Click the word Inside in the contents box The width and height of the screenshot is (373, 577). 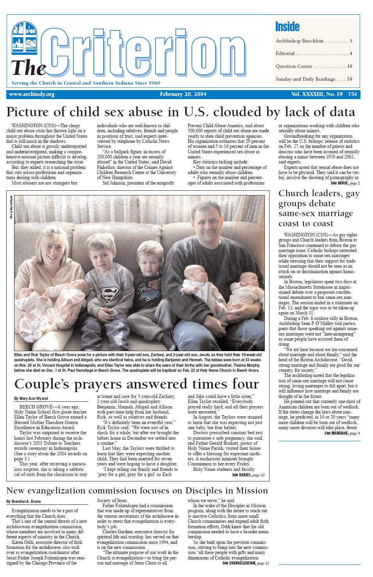pos(287,27)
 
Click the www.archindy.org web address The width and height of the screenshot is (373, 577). pos(32,94)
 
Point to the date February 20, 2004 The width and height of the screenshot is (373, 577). pos(183,94)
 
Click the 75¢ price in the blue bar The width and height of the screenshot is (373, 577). pos(352,94)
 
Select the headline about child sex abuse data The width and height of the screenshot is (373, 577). pos(180,112)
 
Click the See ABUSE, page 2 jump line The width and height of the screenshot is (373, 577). pos(345,183)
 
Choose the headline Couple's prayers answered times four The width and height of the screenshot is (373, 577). pos(136,384)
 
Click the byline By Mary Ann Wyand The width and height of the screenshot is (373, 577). pos(31,398)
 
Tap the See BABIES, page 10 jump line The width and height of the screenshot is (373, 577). pos(248,475)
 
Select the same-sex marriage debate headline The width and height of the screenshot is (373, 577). pos(318,208)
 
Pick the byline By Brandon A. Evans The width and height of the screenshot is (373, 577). pos(23,501)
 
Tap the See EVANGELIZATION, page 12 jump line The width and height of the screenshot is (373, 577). pos(245,563)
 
